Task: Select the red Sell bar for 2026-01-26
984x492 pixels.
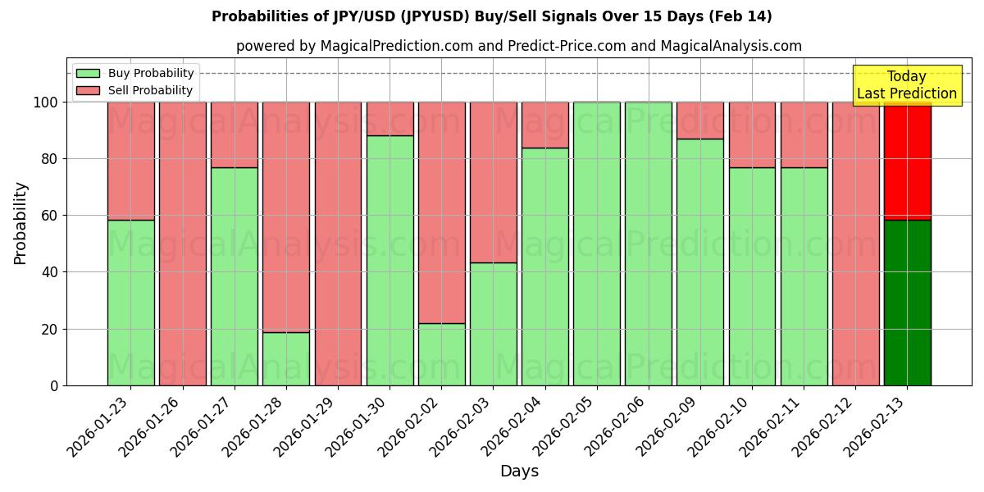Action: [182, 244]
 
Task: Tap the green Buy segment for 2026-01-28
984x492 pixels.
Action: [286, 358]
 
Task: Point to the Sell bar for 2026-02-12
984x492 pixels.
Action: [855, 244]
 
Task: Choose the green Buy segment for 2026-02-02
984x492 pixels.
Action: [441, 354]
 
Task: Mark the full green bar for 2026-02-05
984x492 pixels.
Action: [597, 244]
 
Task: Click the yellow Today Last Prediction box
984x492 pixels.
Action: [907, 85]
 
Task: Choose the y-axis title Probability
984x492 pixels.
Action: [20, 223]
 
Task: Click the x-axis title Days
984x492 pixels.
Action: [519, 471]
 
